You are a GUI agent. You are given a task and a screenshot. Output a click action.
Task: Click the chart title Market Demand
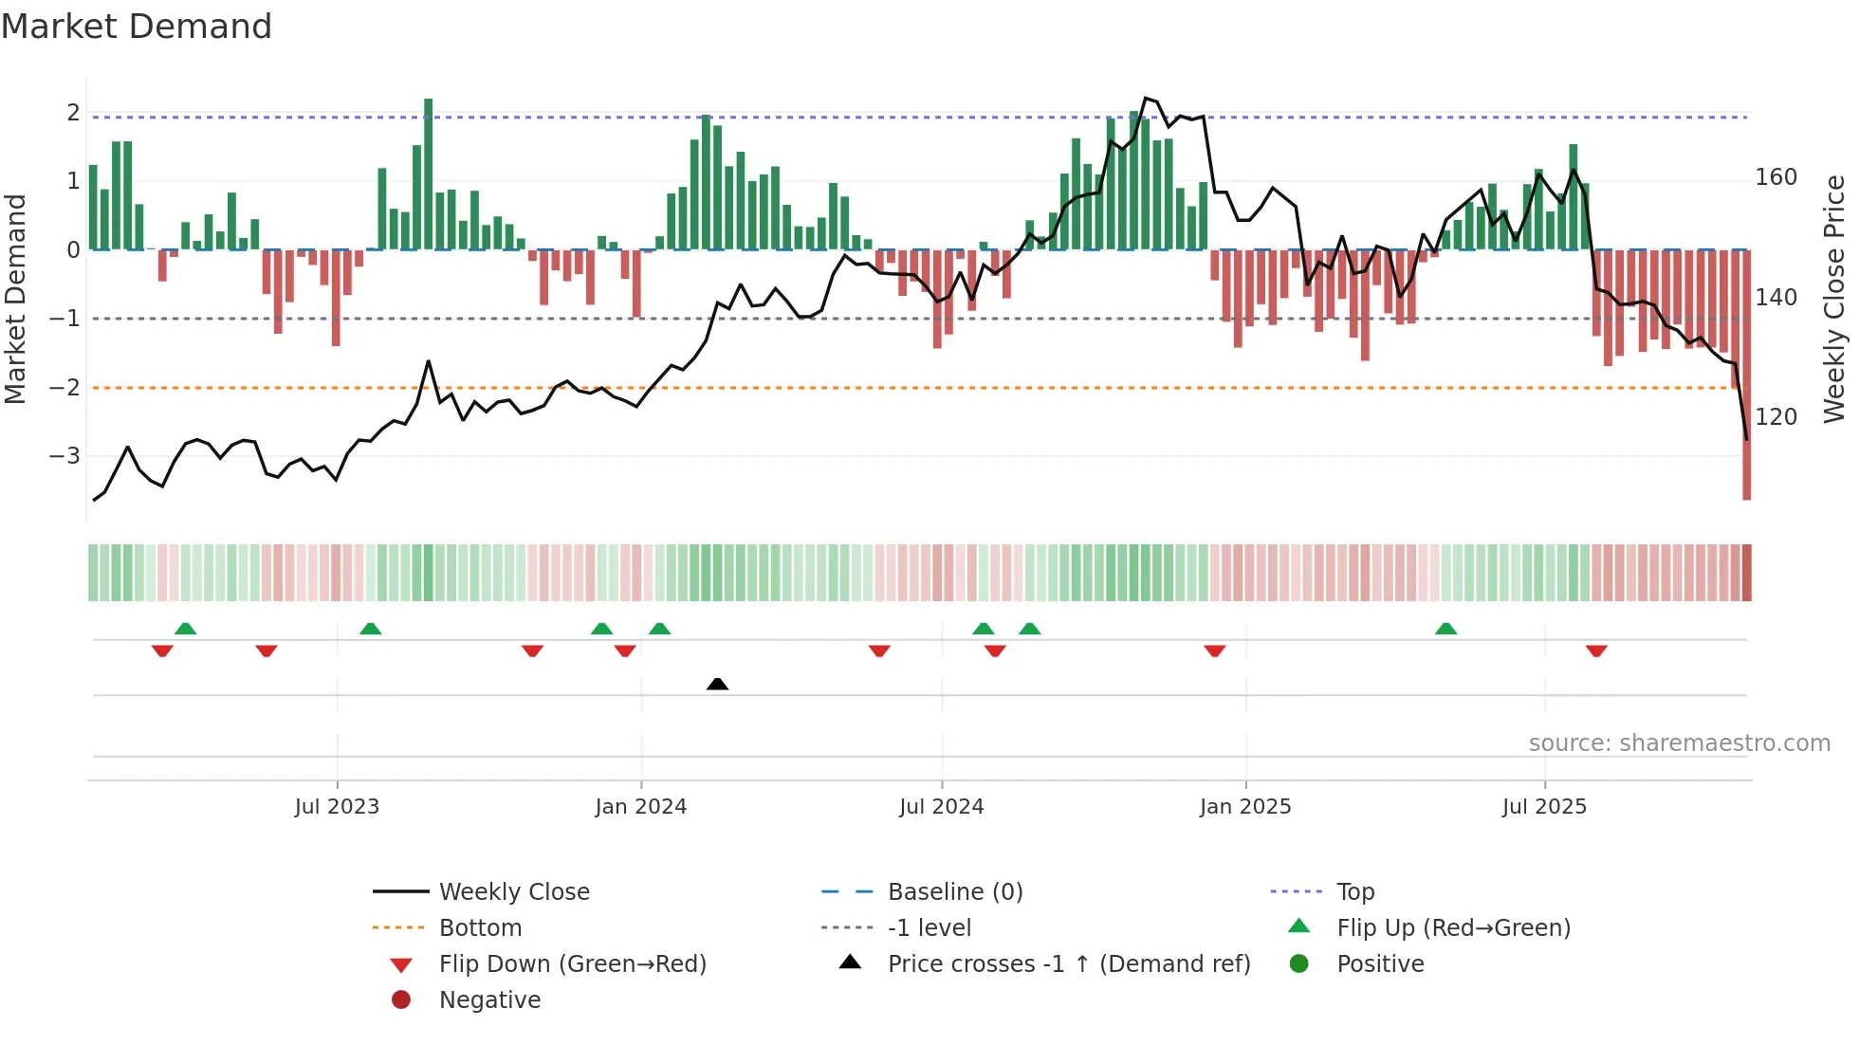(137, 27)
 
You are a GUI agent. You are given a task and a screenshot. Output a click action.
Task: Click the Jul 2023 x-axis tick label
(337, 807)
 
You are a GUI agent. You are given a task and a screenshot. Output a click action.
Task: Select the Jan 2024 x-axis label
(640, 807)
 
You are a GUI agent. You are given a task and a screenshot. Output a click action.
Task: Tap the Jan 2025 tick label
(1244, 807)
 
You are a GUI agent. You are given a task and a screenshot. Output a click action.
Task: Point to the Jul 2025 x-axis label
(1544, 807)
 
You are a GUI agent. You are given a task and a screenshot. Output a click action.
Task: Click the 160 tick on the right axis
(1776, 177)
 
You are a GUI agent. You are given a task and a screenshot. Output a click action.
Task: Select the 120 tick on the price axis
(1776, 417)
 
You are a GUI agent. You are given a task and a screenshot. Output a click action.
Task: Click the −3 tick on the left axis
(64, 456)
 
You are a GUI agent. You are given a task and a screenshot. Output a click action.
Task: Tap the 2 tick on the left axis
(73, 113)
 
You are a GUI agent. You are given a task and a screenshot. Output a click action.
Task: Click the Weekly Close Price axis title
(1834, 299)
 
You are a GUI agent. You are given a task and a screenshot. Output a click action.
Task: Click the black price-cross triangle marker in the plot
(717, 684)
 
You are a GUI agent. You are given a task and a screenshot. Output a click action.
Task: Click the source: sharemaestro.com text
(1679, 743)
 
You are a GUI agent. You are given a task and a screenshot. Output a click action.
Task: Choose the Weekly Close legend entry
(514, 892)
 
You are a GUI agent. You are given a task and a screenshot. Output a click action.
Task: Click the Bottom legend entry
(480, 928)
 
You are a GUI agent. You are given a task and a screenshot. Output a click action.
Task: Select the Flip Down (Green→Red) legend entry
(572, 964)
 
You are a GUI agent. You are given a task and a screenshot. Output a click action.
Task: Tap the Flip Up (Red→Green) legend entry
(1453, 928)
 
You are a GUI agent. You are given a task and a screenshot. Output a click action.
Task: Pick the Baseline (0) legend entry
(955, 892)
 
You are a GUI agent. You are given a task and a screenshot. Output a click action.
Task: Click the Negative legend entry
(489, 1000)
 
